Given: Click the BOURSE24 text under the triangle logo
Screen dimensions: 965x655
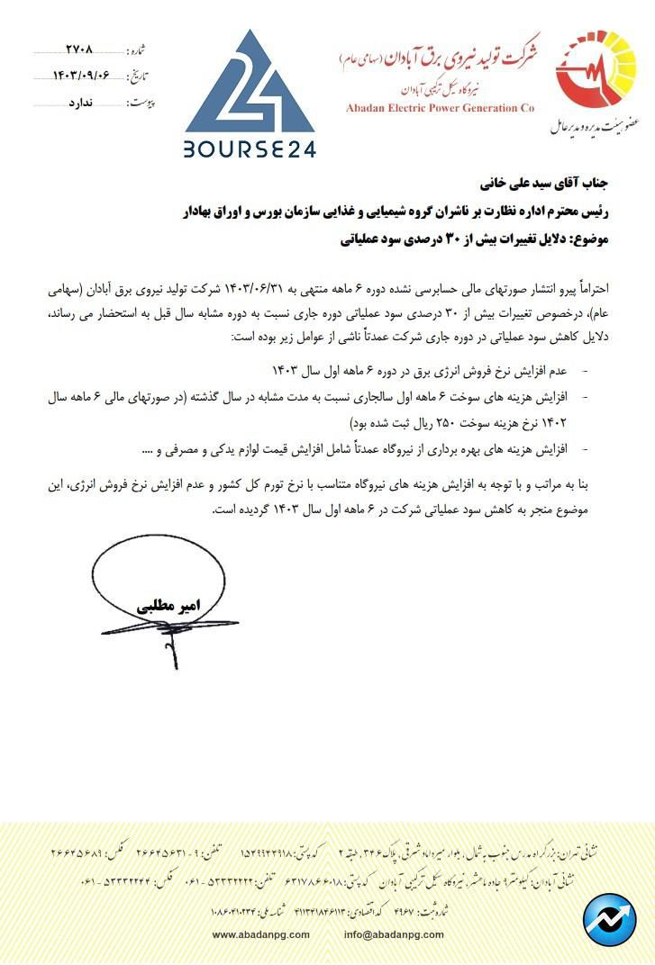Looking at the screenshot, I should pos(250,149).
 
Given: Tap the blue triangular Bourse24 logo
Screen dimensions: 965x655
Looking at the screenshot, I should pos(250,86).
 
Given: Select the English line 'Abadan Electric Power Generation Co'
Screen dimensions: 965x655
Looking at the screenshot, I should pos(440,108).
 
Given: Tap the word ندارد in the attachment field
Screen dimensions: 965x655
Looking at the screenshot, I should pos(84,103).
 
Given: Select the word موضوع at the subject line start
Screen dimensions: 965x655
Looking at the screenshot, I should pos(592,240).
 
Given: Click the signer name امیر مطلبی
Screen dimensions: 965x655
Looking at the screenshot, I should pos(170,605).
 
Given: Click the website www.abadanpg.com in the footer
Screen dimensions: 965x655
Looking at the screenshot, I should pos(261,934).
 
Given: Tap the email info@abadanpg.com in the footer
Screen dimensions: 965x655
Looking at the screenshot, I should pos(394,934).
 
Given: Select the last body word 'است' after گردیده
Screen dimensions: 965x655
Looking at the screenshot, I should pos(223,510).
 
